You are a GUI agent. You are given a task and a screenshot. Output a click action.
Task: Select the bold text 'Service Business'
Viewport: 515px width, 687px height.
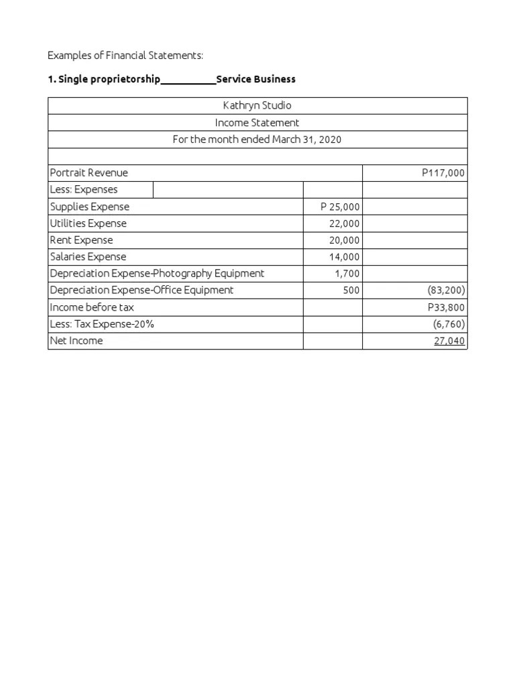pyautogui.click(x=255, y=79)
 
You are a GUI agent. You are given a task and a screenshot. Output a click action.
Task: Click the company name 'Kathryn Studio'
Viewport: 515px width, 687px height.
pyautogui.click(x=257, y=106)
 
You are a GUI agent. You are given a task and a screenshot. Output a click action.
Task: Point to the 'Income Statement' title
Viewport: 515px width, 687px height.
pyautogui.click(x=257, y=123)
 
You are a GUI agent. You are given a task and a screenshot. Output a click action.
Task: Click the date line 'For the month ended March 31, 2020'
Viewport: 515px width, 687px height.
pyautogui.click(x=257, y=140)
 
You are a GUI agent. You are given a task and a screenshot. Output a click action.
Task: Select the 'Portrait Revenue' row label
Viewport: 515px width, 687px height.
pyautogui.click(x=89, y=173)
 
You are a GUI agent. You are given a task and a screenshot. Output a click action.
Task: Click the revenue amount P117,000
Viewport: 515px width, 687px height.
pyautogui.click(x=443, y=173)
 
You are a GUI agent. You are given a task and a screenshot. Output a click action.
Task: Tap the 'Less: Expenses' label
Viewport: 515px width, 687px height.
pyautogui.click(x=84, y=190)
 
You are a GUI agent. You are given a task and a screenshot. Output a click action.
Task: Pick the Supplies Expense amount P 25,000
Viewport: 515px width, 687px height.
pyautogui.click(x=340, y=207)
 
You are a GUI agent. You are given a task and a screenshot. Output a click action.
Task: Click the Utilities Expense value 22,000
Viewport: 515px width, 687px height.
pyautogui.click(x=344, y=223)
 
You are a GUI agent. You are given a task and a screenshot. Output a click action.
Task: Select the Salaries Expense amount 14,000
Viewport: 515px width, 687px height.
pyautogui.click(x=344, y=257)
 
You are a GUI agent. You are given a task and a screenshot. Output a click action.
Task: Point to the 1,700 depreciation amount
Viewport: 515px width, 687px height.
pyautogui.click(x=347, y=274)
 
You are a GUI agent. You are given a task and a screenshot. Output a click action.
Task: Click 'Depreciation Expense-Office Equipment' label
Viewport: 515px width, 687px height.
pyautogui.click(x=142, y=290)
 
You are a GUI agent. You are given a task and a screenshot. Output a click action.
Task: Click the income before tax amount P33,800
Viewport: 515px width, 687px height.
pyautogui.click(x=446, y=307)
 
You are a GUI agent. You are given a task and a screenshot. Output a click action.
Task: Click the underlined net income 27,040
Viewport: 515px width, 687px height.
pyautogui.click(x=449, y=341)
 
